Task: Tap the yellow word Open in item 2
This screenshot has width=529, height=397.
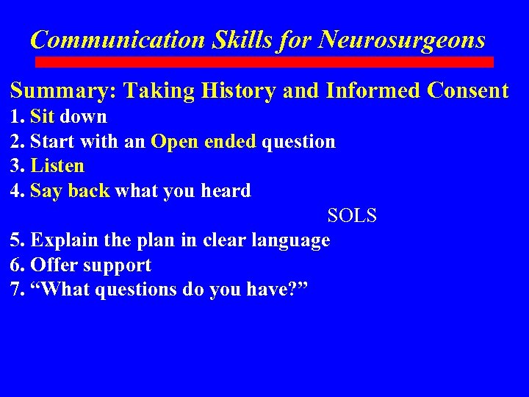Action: click(x=175, y=141)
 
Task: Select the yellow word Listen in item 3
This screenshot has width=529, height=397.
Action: click(x=58, y=166)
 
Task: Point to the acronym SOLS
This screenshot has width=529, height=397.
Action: click(x=351, y=216)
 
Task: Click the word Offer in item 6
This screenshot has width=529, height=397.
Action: click(x=56, y=265)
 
